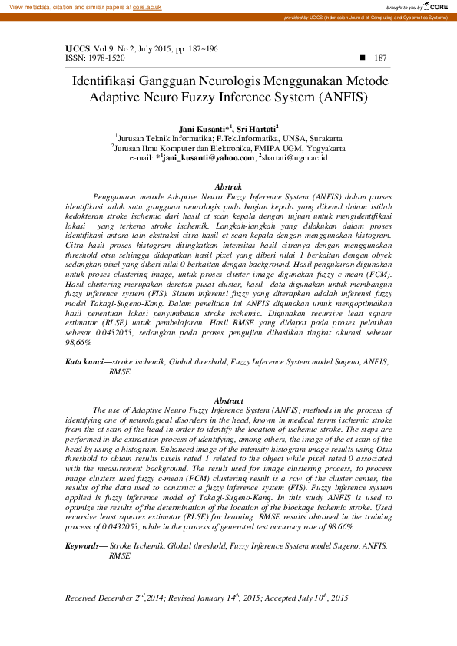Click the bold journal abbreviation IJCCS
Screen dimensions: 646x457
click(x=78, y=48)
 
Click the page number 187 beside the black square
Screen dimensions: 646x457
click(x=380, y=58)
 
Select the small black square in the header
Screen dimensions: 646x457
click(x=362, y=58)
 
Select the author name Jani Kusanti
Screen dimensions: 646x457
click(x=201, y=129)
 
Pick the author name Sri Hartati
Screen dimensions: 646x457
click(x=257, y=129)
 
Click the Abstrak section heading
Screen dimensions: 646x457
click(x=229, y=186)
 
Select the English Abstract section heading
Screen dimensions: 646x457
click(x=228, y=400)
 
